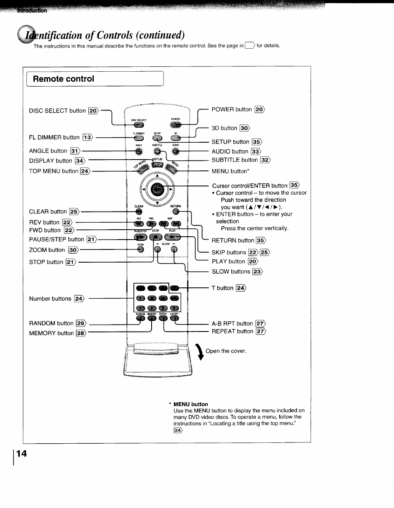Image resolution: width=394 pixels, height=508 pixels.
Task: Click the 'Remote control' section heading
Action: [x=64, y=79]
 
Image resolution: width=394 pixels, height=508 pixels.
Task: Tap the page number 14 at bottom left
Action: [x=21, y=454]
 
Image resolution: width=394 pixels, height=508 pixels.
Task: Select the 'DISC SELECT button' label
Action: [x=57, y=111]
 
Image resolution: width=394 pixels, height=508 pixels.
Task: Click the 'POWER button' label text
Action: [x=231, y=109]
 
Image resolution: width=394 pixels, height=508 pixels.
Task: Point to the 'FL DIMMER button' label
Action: [x=54, y=137]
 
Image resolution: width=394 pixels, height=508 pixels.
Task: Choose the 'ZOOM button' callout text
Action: [x=47, y=250]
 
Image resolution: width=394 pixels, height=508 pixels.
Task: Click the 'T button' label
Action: [x=225, y=288]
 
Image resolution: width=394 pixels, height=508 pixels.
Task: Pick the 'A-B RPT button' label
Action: [x=232, y=323]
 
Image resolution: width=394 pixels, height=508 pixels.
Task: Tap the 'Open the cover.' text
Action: [x=226, y=351]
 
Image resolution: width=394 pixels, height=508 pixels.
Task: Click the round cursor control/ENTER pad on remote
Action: [x=158, y=190]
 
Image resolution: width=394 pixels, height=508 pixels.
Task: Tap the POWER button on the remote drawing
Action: [x=176, y=125]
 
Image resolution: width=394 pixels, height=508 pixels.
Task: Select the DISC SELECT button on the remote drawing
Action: [x=139, y=125]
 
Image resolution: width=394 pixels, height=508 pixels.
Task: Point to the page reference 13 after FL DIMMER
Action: [x=88, y=137]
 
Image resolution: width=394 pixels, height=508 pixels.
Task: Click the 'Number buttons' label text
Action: [x=50, y=299]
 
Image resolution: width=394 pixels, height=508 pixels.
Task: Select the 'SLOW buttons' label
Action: [x=231, y=271]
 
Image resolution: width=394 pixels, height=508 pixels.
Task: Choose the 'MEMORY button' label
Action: [x=51, y=333]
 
